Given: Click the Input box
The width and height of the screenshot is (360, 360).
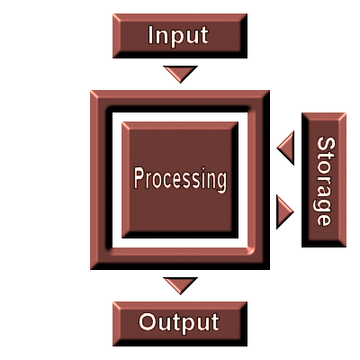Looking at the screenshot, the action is pos(180,36).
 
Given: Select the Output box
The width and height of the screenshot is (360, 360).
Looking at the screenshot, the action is pos(180,324).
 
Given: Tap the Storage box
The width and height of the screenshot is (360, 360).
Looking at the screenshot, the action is pos(324,180).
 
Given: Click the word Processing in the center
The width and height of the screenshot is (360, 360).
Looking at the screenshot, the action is pos(180,179).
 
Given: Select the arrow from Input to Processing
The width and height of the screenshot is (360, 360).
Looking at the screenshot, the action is pos(180,74).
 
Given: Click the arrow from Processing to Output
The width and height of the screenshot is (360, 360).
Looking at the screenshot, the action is pos(180,285).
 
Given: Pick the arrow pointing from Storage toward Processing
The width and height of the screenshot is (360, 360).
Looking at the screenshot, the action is pos(285,148).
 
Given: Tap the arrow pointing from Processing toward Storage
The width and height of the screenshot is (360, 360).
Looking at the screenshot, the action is pos(285,211).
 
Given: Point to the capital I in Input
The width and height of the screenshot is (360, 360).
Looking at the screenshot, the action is pos(151,35).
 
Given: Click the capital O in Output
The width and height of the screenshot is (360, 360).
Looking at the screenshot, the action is pos(148,321).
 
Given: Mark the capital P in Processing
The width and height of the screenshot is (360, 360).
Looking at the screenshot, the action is pos(139,178).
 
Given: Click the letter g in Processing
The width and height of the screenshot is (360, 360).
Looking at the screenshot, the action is pos(220,182).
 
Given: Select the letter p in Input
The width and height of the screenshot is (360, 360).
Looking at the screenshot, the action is pos(176,37).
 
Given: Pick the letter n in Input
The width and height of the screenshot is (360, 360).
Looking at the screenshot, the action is pos(162,37).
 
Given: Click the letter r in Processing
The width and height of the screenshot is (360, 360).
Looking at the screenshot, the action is pos(148,181).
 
